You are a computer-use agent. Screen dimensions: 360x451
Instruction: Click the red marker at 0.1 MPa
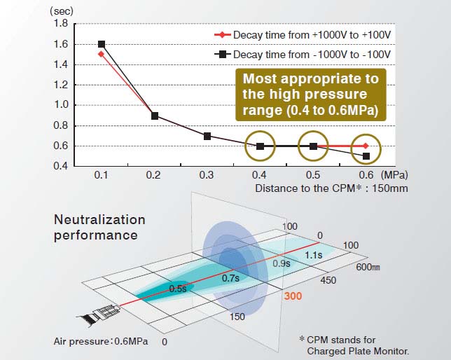102,54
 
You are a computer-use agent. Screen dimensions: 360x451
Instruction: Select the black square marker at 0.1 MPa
102,44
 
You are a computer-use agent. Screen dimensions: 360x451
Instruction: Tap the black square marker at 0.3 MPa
207,136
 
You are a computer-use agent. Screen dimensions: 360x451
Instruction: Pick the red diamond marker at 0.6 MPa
366,146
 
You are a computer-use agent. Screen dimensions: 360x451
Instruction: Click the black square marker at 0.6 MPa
366,155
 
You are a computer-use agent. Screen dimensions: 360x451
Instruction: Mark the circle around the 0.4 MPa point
260,146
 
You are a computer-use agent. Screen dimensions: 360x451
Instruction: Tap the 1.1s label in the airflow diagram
314,256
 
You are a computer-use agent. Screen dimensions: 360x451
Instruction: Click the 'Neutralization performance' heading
99,227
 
